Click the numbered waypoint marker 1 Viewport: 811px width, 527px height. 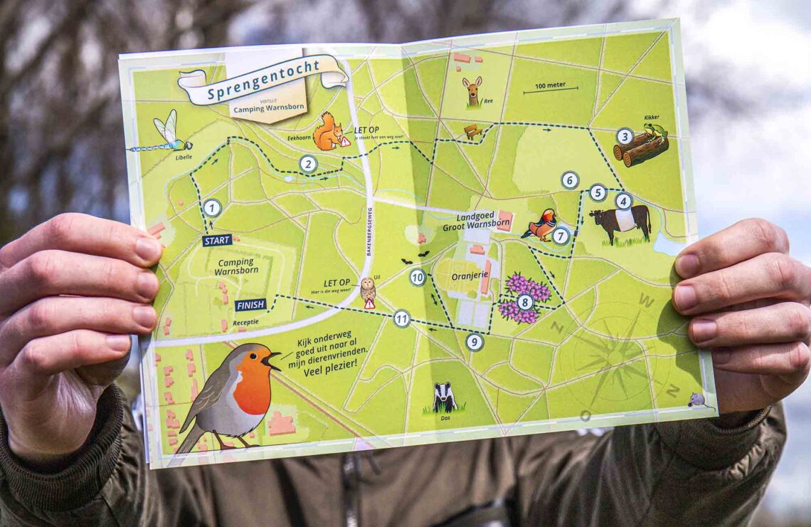click(212, 208)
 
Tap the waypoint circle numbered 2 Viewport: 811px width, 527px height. click(308, 165)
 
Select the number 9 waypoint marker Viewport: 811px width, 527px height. click(475, 342)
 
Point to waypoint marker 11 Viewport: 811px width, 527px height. click(402, 318)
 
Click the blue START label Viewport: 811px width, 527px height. click(217, 241)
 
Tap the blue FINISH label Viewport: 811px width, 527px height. click(250, 305)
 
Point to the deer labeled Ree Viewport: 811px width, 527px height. click(472, 90)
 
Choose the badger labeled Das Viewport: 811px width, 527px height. click(445, 397)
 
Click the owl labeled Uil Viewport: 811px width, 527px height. click(367, 288)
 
